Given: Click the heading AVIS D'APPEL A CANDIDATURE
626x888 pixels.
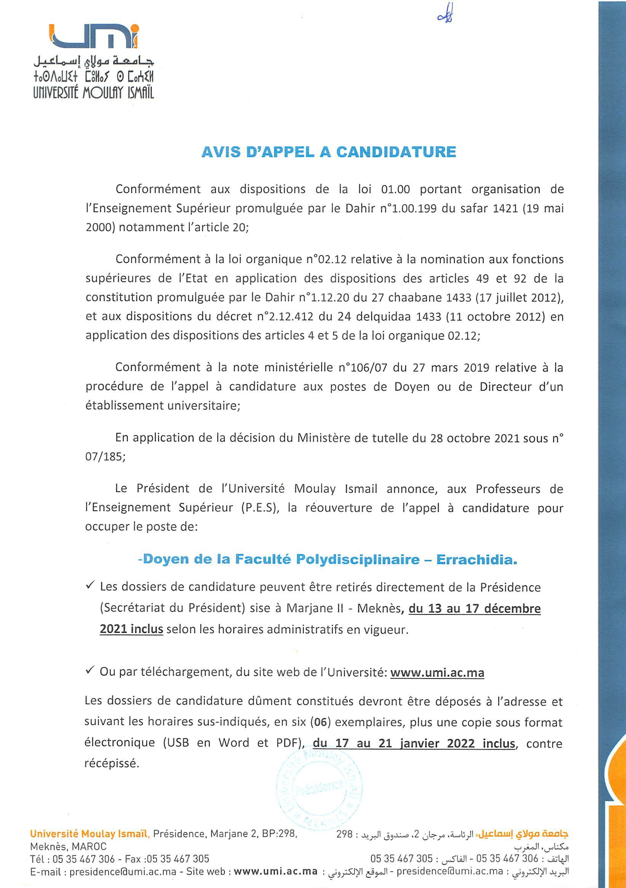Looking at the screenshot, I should (329, 152).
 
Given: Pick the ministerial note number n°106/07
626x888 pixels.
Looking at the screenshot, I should (363, 367).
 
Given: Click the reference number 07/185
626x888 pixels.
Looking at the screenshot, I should (105, 457).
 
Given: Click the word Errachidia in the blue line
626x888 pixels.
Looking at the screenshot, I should (476, 560).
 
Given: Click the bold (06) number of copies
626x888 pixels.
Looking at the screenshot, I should (321, 722).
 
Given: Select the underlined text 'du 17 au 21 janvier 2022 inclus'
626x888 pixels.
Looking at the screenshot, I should (414, 743).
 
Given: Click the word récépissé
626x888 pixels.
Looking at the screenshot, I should (112, 764).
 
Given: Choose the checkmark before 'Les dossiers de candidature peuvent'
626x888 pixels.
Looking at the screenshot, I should (90, 586).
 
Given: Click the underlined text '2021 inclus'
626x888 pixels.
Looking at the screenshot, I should (131, 629).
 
